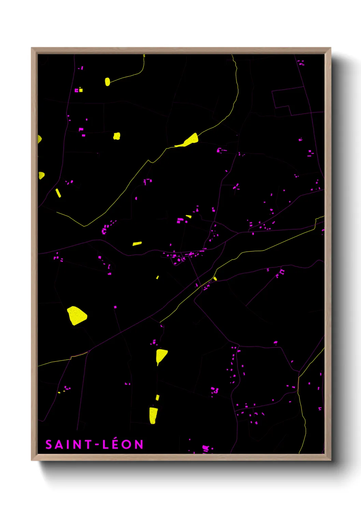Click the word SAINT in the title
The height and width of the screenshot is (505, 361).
tap(68, 444)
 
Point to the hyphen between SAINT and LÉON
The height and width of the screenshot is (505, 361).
tap(97, 445)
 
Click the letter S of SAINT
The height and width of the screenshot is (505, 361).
tap(49, 444)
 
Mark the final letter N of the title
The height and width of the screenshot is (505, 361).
tap(139, 444)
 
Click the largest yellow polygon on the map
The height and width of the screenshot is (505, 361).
tap(77, 315)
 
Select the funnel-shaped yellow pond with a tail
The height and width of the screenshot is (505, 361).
tap(161, 355)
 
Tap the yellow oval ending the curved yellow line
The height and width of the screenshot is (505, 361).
tap(107, 82)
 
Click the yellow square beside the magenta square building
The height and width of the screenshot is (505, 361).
tap(81, 90)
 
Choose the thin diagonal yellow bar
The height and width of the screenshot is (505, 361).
tap(58, 193)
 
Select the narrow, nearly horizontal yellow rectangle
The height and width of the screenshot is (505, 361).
tap(137, 244)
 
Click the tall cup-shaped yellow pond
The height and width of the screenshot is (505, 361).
tap(153, 415)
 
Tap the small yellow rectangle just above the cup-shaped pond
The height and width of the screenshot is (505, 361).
tap(157, 398)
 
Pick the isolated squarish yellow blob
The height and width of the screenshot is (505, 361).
tap(117, 136)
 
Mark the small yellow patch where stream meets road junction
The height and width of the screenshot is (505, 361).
tap(215, 279)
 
